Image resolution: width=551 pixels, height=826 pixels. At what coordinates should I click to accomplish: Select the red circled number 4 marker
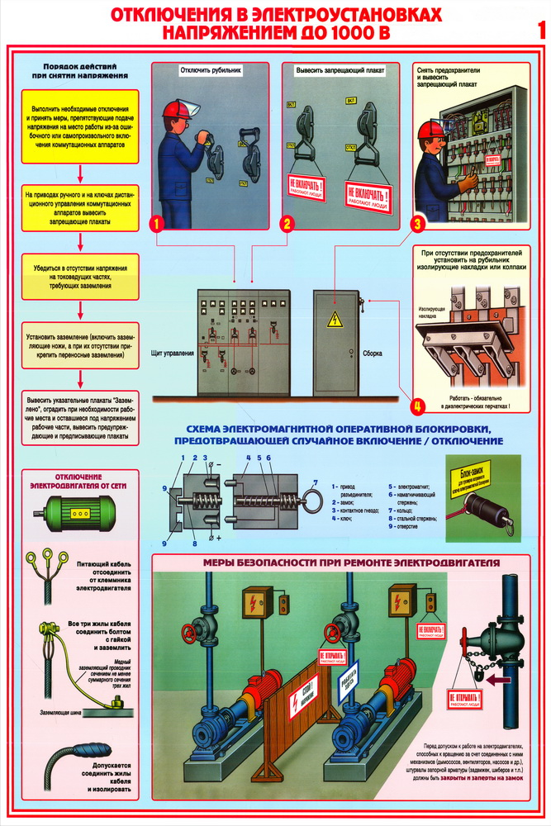[418, 406]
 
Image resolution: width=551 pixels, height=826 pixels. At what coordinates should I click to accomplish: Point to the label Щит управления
[173, 354]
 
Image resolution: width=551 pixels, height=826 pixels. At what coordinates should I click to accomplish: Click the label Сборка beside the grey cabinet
[373, 354]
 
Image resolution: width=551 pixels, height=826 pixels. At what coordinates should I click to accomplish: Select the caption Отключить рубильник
[210, 71]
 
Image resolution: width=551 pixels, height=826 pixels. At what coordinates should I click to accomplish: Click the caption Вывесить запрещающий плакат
[336, 71]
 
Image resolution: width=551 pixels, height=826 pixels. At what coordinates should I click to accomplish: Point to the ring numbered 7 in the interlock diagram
[310, 498]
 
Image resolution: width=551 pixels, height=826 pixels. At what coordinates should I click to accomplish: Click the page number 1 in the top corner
[540, 31]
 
